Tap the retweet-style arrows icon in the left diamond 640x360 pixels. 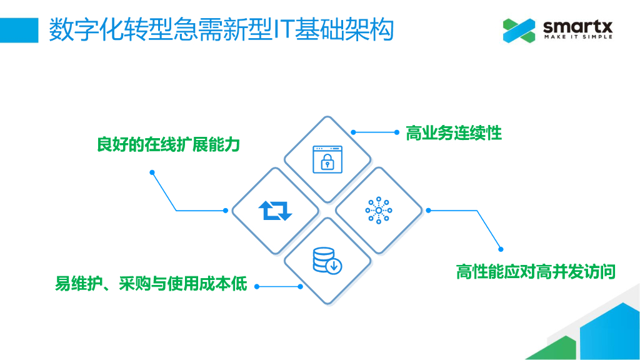point(275,210)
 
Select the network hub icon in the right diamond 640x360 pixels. point(378,210)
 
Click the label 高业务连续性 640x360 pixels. point(454,133)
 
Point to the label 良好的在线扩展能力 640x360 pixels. point(168,145)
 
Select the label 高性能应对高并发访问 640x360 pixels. point(536,272)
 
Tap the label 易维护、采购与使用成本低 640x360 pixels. point(151,285)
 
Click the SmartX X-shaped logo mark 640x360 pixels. point(519,30)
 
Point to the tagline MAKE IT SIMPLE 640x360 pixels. point(577,37)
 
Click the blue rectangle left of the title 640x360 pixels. point(19,29)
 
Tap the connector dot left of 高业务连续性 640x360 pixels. point(353,132)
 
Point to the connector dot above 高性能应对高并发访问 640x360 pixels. point(499,247)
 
